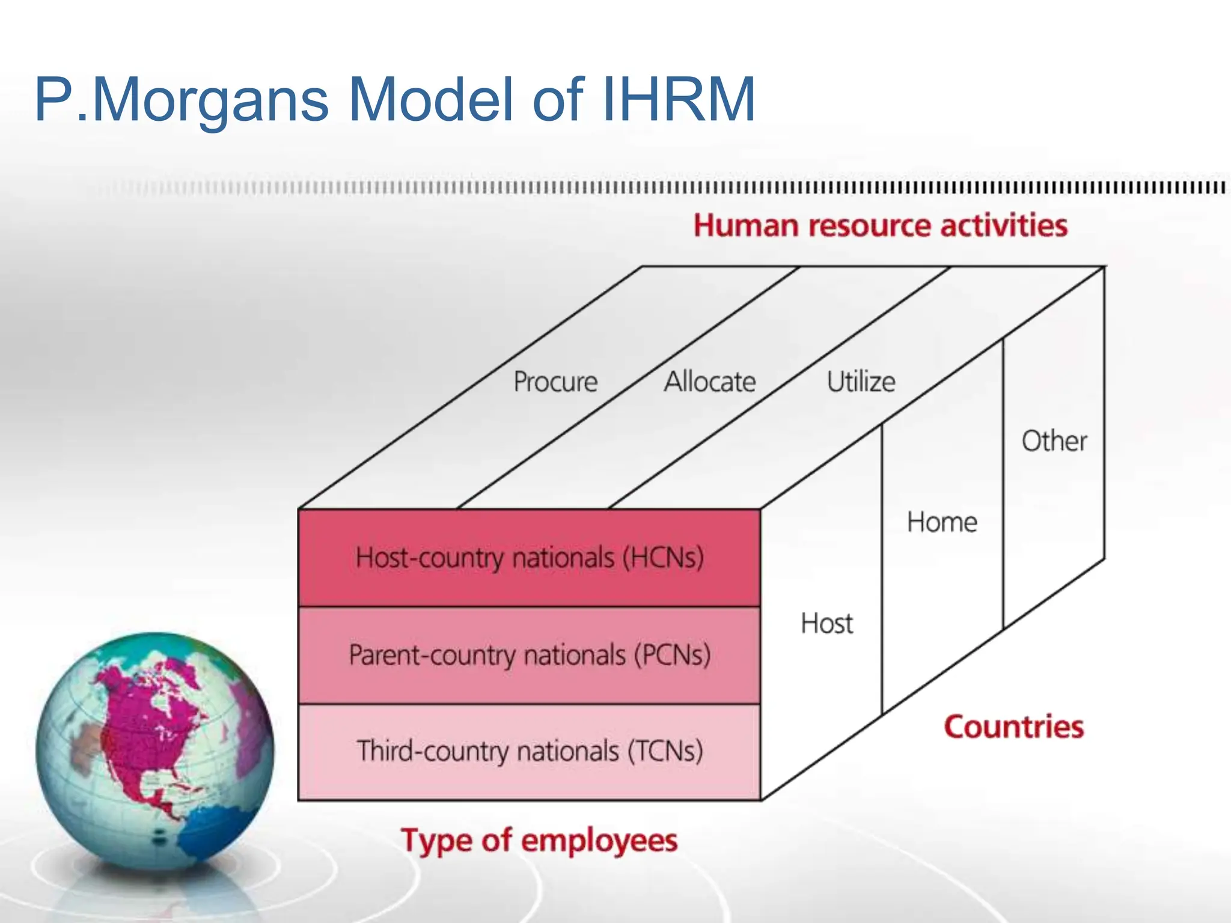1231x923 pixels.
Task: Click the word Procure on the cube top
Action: [555, 382]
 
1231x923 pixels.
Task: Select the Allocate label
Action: [710, 382]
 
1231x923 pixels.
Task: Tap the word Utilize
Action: [861, 382]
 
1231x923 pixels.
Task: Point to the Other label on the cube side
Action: [1054, 441]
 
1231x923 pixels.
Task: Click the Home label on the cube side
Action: [942, 522]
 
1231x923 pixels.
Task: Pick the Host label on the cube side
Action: [826, 624]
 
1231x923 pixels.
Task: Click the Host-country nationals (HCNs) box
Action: [529, 558]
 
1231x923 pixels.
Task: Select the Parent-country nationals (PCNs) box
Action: [529, 655]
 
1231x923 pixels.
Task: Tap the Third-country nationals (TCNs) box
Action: [529, 751]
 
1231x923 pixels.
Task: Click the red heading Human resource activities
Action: [880, 226]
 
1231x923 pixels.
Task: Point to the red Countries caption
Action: [1013, 727]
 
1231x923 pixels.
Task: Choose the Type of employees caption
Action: [539, 840]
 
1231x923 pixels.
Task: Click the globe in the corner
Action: [155, 751]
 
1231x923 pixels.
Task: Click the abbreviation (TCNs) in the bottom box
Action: [665, 751]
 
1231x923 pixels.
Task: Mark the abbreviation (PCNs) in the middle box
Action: [673, 655]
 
